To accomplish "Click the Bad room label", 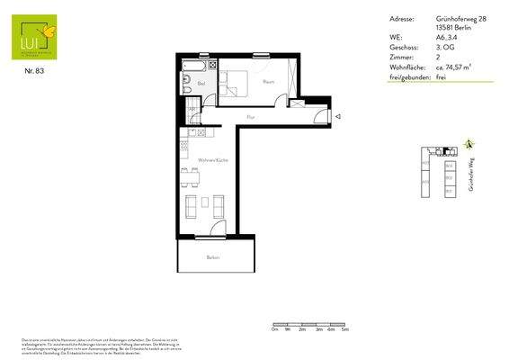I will coord(201,85).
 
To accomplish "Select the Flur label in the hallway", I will coord(251,116).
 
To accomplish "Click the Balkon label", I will coord(213,257).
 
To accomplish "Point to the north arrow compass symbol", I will coord(469,144).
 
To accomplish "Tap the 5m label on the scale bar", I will coord(344,330).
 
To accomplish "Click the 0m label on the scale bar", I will coord(273,330).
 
